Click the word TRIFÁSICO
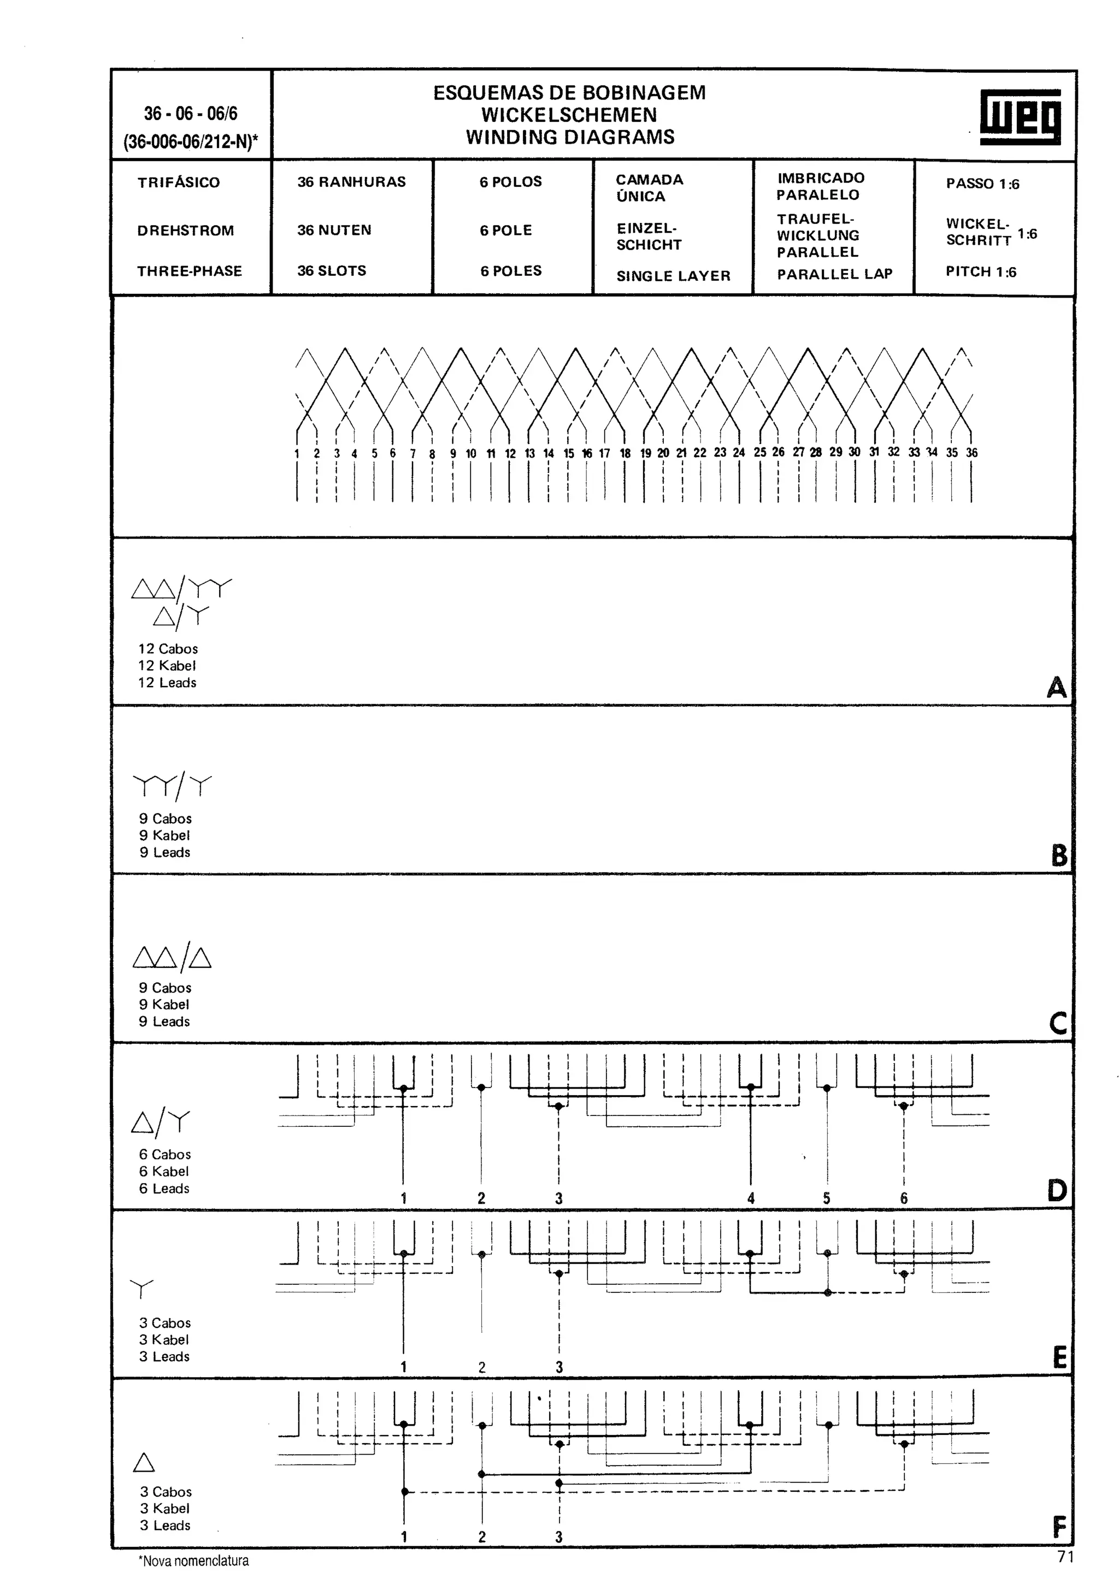[178, 182]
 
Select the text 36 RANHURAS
[351, 182]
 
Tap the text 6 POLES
[510, 271]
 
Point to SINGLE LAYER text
[673, 276]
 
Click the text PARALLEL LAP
[834, 274]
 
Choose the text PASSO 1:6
[982, 184]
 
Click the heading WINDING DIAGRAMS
[569, 137]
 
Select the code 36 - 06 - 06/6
[190, 114]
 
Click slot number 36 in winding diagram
[971, 453]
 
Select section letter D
[1056, 1190]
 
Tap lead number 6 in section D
[903, 1198]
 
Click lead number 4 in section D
[750, 1198]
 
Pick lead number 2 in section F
[481, 1537]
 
